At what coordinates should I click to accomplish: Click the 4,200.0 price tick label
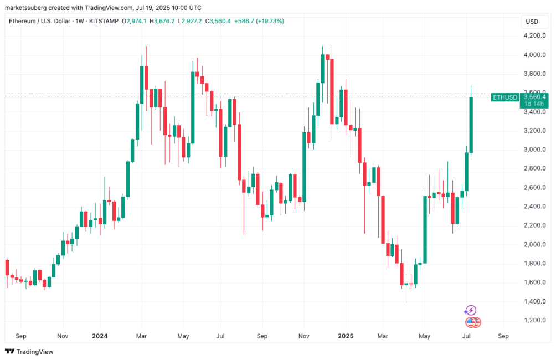coord(534,36)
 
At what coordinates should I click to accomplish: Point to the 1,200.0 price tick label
coord(534,321)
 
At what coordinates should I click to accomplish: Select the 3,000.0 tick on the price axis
coord(534,150)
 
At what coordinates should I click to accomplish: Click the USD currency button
coord(532,22)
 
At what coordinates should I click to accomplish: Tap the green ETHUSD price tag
coord(505,97)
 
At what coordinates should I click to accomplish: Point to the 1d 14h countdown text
coord(534,104)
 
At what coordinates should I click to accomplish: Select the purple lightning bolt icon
coord(471,310)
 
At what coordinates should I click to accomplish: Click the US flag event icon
coord(472,322)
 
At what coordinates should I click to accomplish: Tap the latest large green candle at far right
coord(471,125)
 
